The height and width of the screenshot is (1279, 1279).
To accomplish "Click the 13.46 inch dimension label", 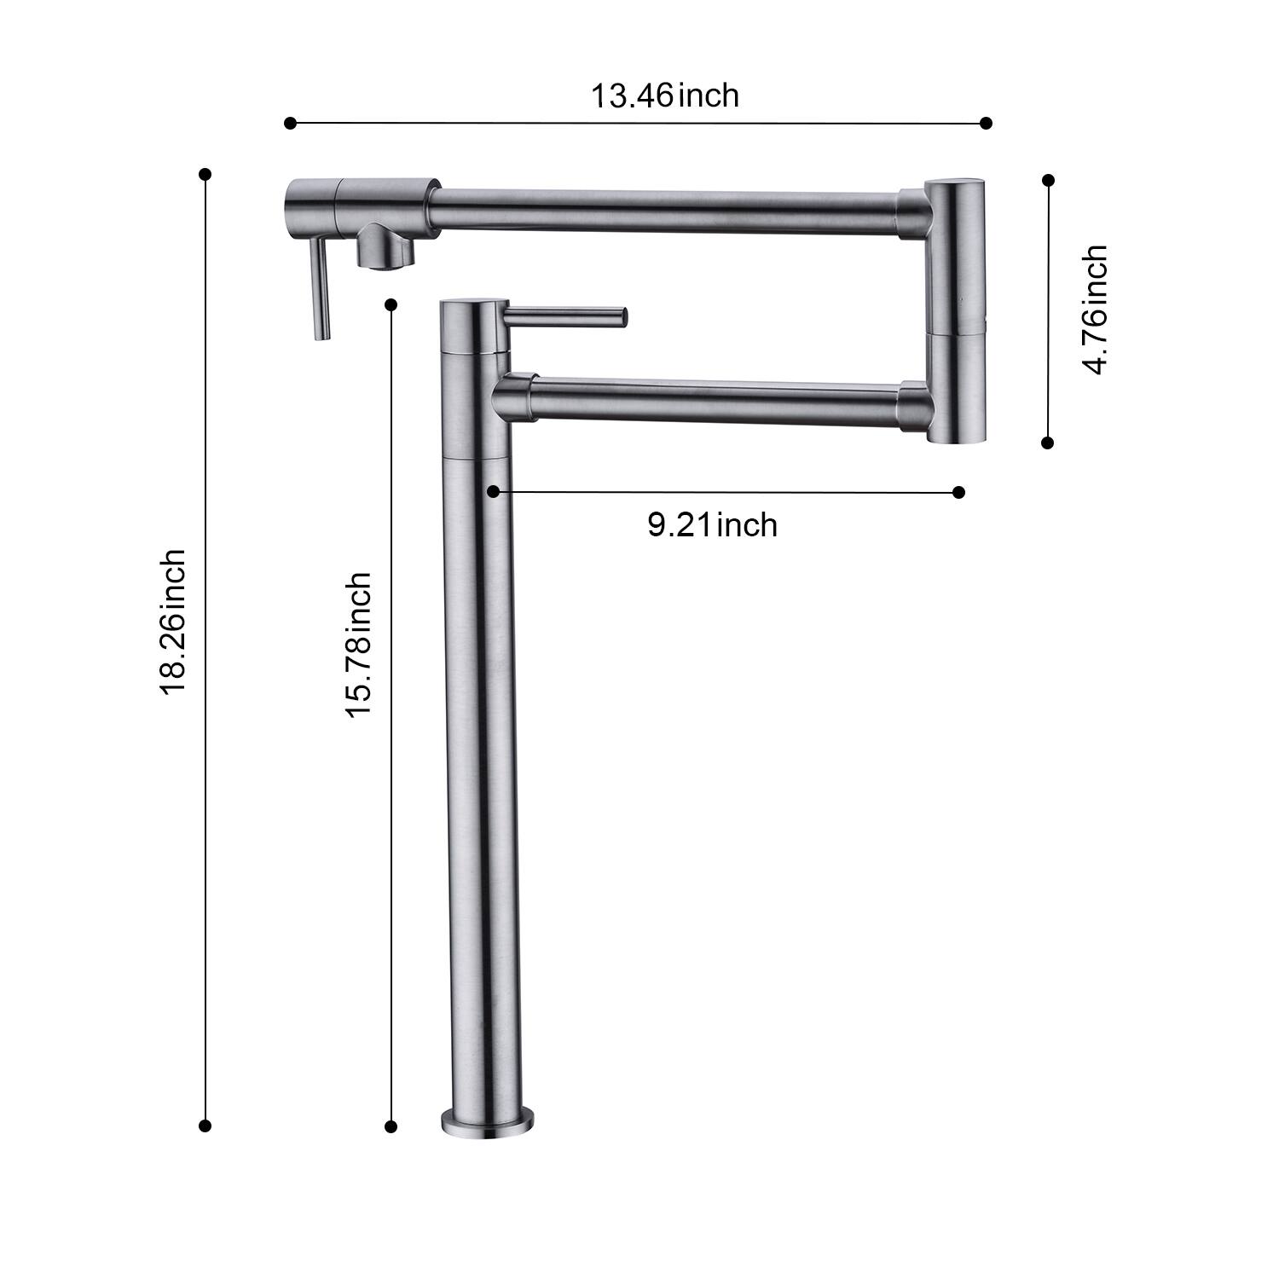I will [x=665, y=95].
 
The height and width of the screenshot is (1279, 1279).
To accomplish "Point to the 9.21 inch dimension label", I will [x=712, y=524].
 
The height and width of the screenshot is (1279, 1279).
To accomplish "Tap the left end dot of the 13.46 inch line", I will [x=290, y=124].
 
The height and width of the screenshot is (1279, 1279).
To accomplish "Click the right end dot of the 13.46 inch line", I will [x=987, y=123].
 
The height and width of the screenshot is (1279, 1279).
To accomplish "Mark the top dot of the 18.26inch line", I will [x=205, y=174].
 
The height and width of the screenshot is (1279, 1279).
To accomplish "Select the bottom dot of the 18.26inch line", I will [x=205, y=1126].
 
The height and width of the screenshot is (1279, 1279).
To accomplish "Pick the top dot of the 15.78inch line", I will [x=391, y=304].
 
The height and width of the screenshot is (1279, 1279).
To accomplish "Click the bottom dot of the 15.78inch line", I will [x=391, y=1127].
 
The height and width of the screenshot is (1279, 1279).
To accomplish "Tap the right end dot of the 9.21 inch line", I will [x=958, y=492].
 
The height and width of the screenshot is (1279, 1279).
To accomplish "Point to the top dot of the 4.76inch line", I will [x=1049, y=180].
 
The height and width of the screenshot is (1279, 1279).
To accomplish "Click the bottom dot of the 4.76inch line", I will [x=1048, y=443].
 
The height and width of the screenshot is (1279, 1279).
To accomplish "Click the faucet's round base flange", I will [x=488, y=1124].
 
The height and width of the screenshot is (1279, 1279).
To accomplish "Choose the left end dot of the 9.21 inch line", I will [x=493, y=491].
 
